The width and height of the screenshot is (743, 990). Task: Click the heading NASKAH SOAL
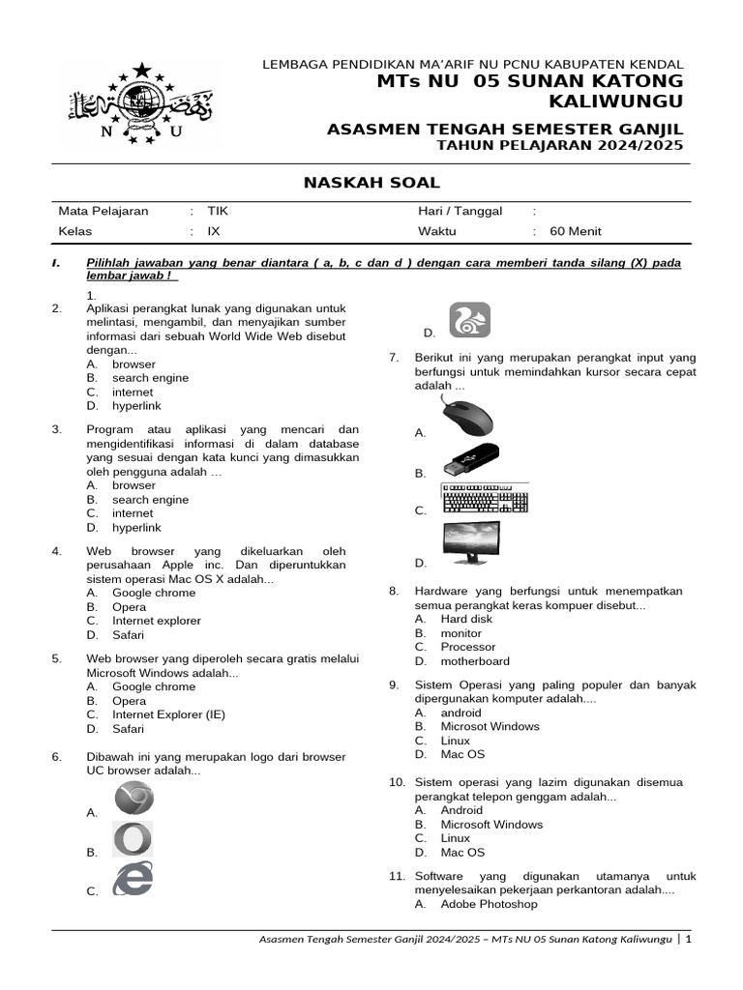pos(371,183)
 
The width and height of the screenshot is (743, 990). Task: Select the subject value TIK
pos(218,211)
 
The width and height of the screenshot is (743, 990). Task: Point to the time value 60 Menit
pos(575,231)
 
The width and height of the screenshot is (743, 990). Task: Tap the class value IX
pos(215,231)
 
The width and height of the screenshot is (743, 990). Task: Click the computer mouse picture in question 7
pos(466,418)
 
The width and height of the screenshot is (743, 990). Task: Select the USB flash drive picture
pos(469,460)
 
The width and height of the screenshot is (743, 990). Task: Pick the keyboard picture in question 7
pos(485,498)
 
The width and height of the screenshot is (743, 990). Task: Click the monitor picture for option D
pos(471,543)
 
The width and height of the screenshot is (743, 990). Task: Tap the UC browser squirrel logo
pos(469,320)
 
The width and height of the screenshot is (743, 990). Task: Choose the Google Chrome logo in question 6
pos(134,799)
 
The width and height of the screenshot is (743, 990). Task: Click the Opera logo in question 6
pos(133,839)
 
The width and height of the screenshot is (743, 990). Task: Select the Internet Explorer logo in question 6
pos(133,879)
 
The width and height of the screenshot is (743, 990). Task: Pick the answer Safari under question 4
pos(128,635)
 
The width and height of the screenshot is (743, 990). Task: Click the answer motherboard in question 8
pos(475,661)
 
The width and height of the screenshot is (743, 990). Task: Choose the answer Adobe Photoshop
pos(489,904)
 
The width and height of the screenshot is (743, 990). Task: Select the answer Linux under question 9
pos(455,741)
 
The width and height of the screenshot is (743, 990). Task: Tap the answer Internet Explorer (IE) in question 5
pos(168,714)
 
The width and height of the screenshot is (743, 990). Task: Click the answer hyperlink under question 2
pos(135,407)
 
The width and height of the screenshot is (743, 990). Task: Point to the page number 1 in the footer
pos(689,939)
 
